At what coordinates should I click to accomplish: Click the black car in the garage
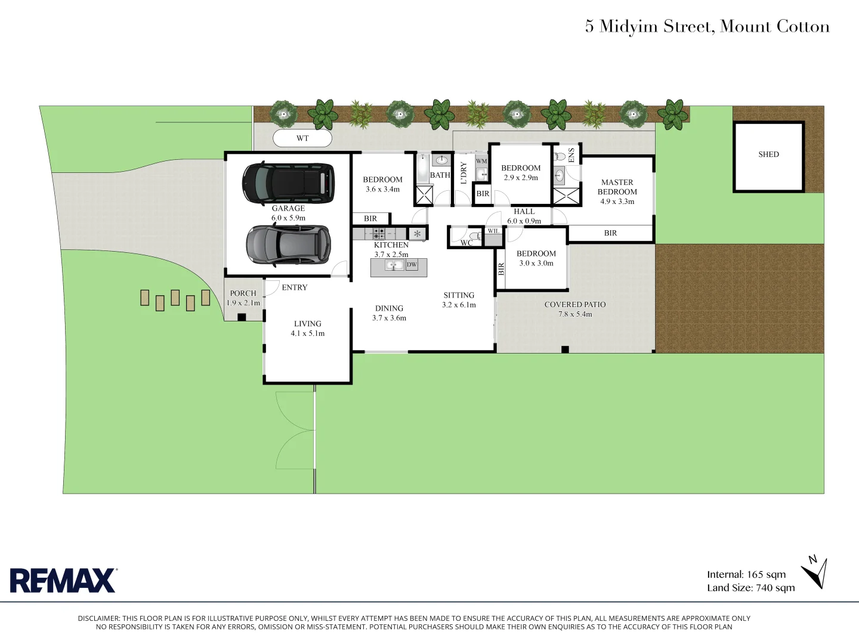pos(288,182)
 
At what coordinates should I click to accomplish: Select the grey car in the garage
pos(288,244)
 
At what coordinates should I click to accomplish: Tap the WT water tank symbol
pos(302,138)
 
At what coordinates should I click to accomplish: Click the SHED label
pos(768,154)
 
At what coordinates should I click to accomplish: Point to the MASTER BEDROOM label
pos(617,187)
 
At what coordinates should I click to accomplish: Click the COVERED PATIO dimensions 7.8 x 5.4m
pos(575,314)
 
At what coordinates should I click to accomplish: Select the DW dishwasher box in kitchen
pos(412,265)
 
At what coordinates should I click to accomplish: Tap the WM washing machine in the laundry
pos(481,162)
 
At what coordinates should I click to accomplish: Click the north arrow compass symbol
pos(815,573)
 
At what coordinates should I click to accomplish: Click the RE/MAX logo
pos(63,580)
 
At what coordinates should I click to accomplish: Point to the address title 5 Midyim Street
pos(707,27)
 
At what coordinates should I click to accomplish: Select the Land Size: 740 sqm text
pos(751,588)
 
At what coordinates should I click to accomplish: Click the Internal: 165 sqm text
pos(746,575)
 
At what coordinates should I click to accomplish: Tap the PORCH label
pos(243,293)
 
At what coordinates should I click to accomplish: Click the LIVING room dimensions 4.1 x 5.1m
pos(308,334)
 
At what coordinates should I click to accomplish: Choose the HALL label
pos(524,212)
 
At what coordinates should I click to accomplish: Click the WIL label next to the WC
pos(493,231)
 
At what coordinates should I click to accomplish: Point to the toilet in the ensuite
pos(560,157)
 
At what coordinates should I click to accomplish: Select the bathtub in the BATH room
pos(422,169)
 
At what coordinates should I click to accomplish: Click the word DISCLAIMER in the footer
pos(98,619)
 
